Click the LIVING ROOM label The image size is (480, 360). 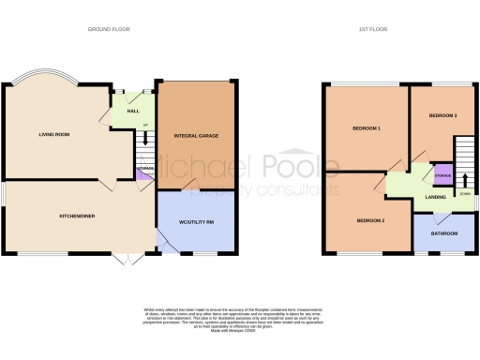pos(53,134)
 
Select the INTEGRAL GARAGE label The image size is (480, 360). pos(195,135)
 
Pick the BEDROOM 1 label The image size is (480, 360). pos(367,127)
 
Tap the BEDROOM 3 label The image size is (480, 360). pos(442,115)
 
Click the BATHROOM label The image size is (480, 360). pos(443,235)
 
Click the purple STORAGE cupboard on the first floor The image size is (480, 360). pos(442,174)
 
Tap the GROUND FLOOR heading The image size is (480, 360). pos(109,30)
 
